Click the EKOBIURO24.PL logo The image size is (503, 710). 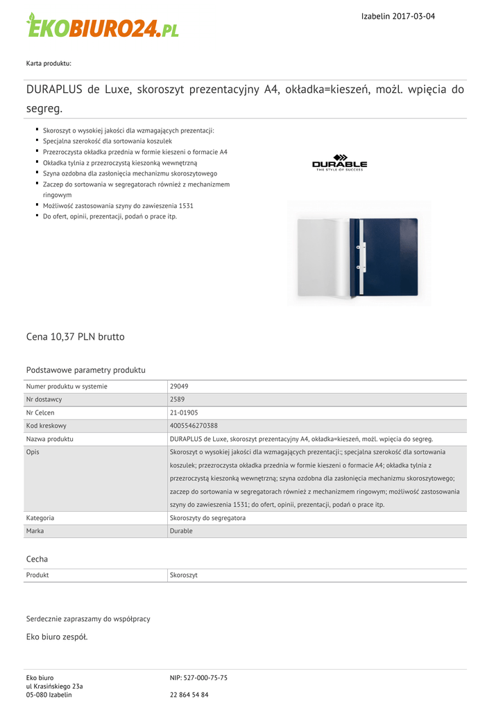tap(102, 26)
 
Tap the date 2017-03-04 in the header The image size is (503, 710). tap(414, 16)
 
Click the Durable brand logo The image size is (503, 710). tap(339, 163)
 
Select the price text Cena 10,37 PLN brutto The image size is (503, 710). tap(76, 337)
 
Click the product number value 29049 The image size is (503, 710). tap(179, 386)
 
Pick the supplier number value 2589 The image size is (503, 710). tap(177, 399)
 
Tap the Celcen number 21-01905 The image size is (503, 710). tap(184, 413)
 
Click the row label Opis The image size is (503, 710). tap(33, 452)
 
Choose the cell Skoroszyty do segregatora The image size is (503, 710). tap(207, 518)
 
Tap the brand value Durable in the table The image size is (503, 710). tap(181, 531)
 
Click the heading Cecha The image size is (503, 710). tap(37, 559)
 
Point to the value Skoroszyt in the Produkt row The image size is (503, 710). tap(184, 575)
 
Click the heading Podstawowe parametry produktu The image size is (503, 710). tap(85, 370)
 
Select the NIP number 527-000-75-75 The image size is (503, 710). tap(198, 678)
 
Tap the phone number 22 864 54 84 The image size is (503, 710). tap(189, 695)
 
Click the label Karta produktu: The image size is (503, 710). tap(49, 64)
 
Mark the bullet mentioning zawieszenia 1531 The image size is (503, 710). tap(118, 206)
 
